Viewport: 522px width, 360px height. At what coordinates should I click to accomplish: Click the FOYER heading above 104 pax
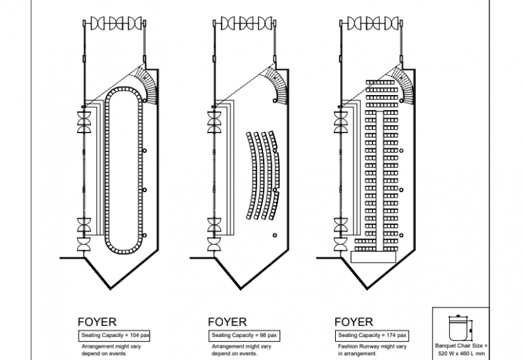pos(97,322)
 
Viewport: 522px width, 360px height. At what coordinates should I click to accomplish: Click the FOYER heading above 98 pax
pos(227,322)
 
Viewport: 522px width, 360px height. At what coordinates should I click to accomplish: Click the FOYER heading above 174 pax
pos(353,322)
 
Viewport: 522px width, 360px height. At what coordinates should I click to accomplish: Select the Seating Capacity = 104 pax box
pos(114,336)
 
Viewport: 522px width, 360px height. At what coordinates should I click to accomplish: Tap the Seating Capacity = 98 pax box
pos(244,336)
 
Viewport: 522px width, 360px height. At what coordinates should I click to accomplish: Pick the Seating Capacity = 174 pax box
pos(372,336)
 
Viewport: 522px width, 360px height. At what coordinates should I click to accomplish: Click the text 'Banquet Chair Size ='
pos(461,346)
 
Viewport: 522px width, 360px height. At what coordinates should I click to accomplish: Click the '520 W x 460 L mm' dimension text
pos(461,353)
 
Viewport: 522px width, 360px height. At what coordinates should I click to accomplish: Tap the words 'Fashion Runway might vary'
pos(372,346)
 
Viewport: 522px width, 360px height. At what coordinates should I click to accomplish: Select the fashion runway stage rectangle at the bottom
pos(373,257)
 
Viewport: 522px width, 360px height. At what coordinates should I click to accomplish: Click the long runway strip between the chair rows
pos(379,181)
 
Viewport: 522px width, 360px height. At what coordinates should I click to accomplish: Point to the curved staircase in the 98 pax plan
pos(278,86)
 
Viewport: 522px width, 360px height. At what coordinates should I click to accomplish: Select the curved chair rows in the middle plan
pos(262,175)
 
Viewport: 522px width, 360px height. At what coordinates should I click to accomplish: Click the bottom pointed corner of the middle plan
pos(241,289)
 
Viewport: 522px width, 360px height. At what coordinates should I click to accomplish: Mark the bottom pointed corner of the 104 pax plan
pos(111,289)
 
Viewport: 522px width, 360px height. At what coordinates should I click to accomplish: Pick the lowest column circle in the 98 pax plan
pos(275,235)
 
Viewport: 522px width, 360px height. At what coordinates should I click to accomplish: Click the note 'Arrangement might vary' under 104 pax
pos(111,346)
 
